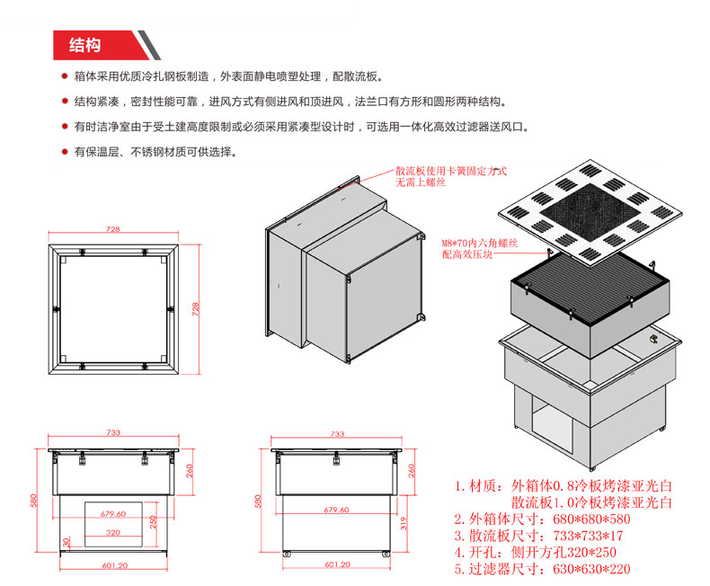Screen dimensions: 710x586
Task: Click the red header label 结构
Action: point(84,45)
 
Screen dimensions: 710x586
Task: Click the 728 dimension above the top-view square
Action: point(112,229)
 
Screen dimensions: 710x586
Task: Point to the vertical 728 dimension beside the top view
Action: point(195,309)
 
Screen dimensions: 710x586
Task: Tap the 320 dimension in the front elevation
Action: point(113,533)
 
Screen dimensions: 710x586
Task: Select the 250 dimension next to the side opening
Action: point(153,521)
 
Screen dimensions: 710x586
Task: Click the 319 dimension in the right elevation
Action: point(404,523)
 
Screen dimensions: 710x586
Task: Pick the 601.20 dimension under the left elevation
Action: point(115,565)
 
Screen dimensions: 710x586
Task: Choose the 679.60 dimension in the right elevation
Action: point(336,510)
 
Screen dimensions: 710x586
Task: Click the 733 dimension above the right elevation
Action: point(337,434)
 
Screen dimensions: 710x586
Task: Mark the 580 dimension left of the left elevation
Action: point(33,501)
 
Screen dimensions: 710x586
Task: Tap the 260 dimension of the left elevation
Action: point(190,471)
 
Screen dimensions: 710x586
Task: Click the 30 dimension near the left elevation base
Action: point(67,542)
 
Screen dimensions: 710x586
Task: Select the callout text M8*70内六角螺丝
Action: point(480,244)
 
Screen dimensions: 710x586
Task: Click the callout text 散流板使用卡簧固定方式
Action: point(451,171)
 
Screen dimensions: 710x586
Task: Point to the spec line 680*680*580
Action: point(591,519)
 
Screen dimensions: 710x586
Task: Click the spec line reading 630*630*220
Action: point(591,569)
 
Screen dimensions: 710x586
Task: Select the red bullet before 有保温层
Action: point(65,152)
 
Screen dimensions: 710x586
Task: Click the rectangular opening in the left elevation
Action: point(113,524)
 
